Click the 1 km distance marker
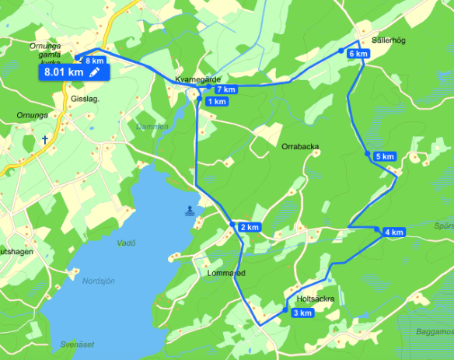(217, 101)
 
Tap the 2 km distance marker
(249, 227)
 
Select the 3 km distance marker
(302, 313)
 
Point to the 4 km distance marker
(393, 232)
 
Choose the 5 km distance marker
(385, 157)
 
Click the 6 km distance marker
(358, 54)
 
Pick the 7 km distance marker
(225, 90)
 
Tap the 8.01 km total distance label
(64, 72)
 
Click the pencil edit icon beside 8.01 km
(95, 72)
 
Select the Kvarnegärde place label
(199, 80)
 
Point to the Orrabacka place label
(300, 146)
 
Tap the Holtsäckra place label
(316, 299)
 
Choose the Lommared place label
(227, 273)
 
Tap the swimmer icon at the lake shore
(191, 210)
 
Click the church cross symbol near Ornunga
(46, 141)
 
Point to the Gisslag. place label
(85, 99)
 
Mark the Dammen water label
(152, 126)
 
